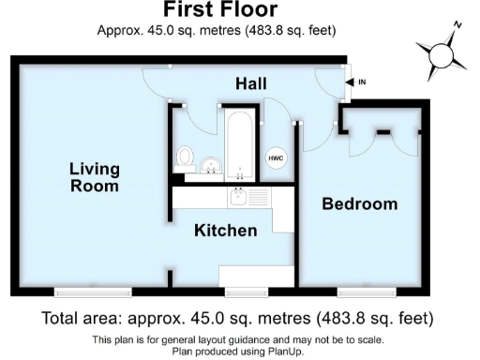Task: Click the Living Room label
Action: pos(95,177)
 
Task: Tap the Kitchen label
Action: pos(225,230)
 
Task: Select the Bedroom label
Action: pos(360,203)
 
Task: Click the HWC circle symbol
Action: pos(277,158)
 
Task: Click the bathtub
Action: pos(239,143)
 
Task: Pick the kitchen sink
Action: pos(241,198)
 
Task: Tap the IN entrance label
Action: pos(362,82)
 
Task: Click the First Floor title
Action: pos(220,11)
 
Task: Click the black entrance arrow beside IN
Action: pos(351,82)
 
